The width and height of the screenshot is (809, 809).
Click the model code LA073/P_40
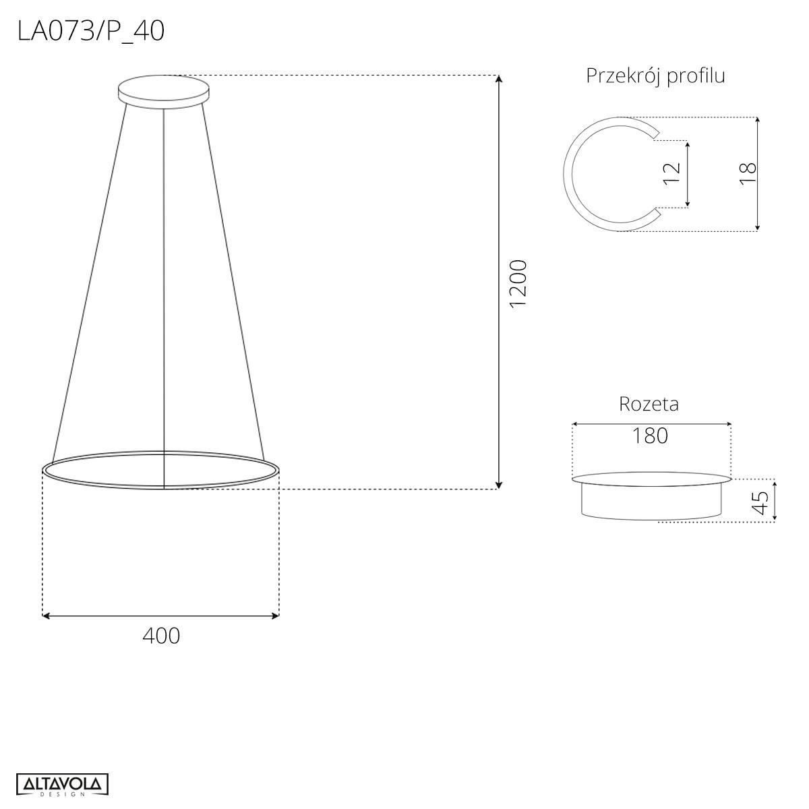point(91,31)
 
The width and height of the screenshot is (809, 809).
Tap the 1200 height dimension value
point(518,284)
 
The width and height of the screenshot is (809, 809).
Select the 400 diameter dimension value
point(161,635)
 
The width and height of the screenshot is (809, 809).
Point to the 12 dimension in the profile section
point(672,174)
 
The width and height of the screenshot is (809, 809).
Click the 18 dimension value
point(748,174)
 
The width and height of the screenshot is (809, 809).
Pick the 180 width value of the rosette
point(650,436)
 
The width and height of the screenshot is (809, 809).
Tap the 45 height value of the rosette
point(760,502)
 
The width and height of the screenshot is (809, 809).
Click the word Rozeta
point(649,404)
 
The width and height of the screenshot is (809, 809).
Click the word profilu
point(696,76)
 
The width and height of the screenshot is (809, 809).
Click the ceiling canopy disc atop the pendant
point(163,90)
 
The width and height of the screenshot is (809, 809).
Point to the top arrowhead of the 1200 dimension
point(499,78)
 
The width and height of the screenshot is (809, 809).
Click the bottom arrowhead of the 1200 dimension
point(499,485)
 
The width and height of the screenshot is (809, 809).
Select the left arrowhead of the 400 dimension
point(46,615)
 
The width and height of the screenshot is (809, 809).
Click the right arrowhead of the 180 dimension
point(728,424)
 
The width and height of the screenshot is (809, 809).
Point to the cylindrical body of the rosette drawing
point(651,501)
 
